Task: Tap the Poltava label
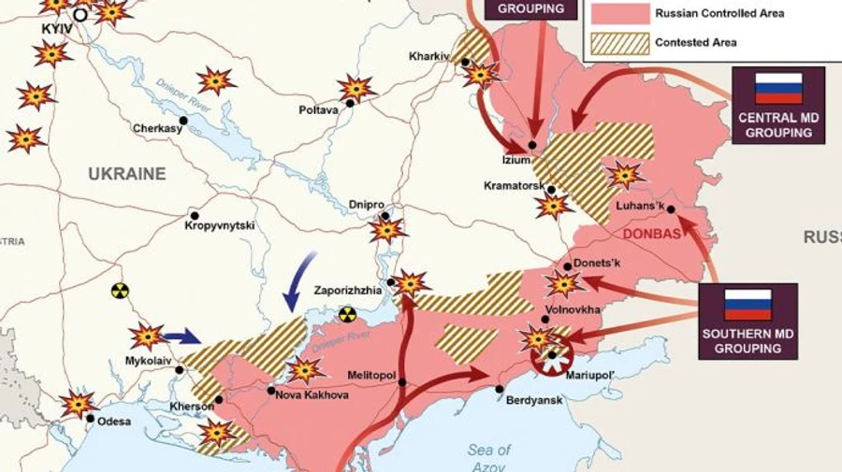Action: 318,110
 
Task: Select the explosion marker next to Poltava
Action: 356,89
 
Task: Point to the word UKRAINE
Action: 127,174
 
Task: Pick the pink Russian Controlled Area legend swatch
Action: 618,13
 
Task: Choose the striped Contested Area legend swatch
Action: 618,42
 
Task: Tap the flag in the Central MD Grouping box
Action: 778,88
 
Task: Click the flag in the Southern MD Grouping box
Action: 748,305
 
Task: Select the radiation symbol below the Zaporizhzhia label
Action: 347,314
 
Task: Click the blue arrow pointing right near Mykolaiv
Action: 181,336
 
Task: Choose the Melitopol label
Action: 372,374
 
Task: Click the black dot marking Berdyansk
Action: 500,390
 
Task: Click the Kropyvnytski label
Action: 220,226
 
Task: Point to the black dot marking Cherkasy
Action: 183,121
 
